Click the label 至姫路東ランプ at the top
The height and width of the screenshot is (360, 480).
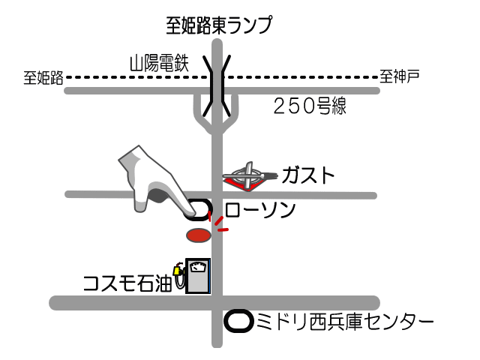pyautogui.click(x=219, y=25)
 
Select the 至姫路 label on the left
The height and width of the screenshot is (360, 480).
pyautogui.click(x=43, y=77)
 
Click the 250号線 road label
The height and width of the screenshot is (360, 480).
pyautogui.click(x=308, y=106)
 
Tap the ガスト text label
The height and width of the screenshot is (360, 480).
pyautogui.click(x=307, y=175)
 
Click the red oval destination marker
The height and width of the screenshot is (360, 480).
pyautogui.click(x=197, y=235)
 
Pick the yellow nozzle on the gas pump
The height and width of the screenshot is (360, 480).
pyautogui.click(x=178, y=270)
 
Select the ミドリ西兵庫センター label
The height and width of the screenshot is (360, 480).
pyautogui.click(x=345, y=322)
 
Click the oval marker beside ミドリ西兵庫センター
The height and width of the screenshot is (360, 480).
pyautogui.click(x=238, y=321)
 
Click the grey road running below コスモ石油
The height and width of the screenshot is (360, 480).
pyautogui.click(x=112, y=302)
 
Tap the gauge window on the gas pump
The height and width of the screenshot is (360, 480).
pyautogui.click(x=198, y=266)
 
